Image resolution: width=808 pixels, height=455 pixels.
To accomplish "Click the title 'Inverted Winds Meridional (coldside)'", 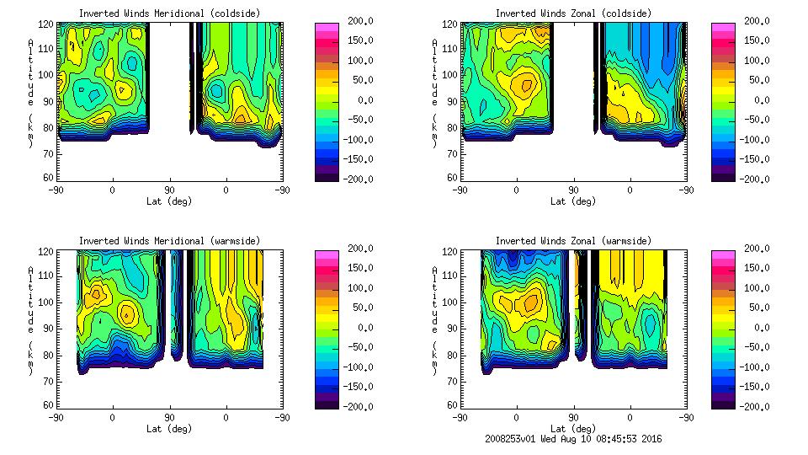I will coord(170,13).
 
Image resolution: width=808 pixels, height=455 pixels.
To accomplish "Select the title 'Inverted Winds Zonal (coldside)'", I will coord(573,13).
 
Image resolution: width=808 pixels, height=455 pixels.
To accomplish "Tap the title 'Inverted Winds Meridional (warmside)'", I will coord(170,241).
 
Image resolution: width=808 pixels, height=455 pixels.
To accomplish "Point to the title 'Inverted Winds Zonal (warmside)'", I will coord(573,241).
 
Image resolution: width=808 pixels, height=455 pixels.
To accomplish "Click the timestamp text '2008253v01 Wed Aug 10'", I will coord(537,439).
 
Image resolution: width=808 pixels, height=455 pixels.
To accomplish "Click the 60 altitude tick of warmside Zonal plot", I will coord(452,405).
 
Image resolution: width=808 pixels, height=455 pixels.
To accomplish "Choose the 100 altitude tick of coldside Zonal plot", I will coord(451,75).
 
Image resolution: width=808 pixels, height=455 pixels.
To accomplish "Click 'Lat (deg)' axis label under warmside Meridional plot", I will coord(169,429).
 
